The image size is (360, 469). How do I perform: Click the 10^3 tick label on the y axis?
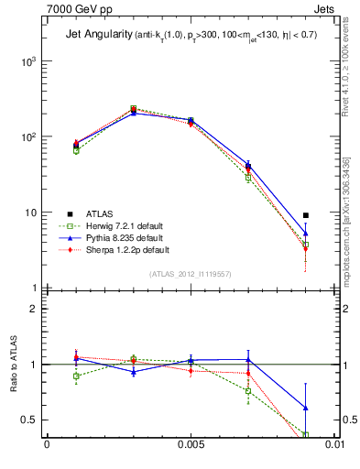pyautogui.click(x=27, y=61)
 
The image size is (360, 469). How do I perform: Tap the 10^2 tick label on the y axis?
pyautogui.click(x=27, y=137)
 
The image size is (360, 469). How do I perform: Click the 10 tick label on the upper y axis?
pyautogui.click(x=29, y=213)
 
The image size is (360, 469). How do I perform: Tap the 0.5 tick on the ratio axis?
pyautogui.click(x=30, y=420)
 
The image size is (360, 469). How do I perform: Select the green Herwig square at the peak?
pyautogui.click(x=134, y=108)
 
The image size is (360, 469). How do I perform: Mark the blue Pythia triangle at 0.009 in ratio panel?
pyautogui.click(x=306, y=408)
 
